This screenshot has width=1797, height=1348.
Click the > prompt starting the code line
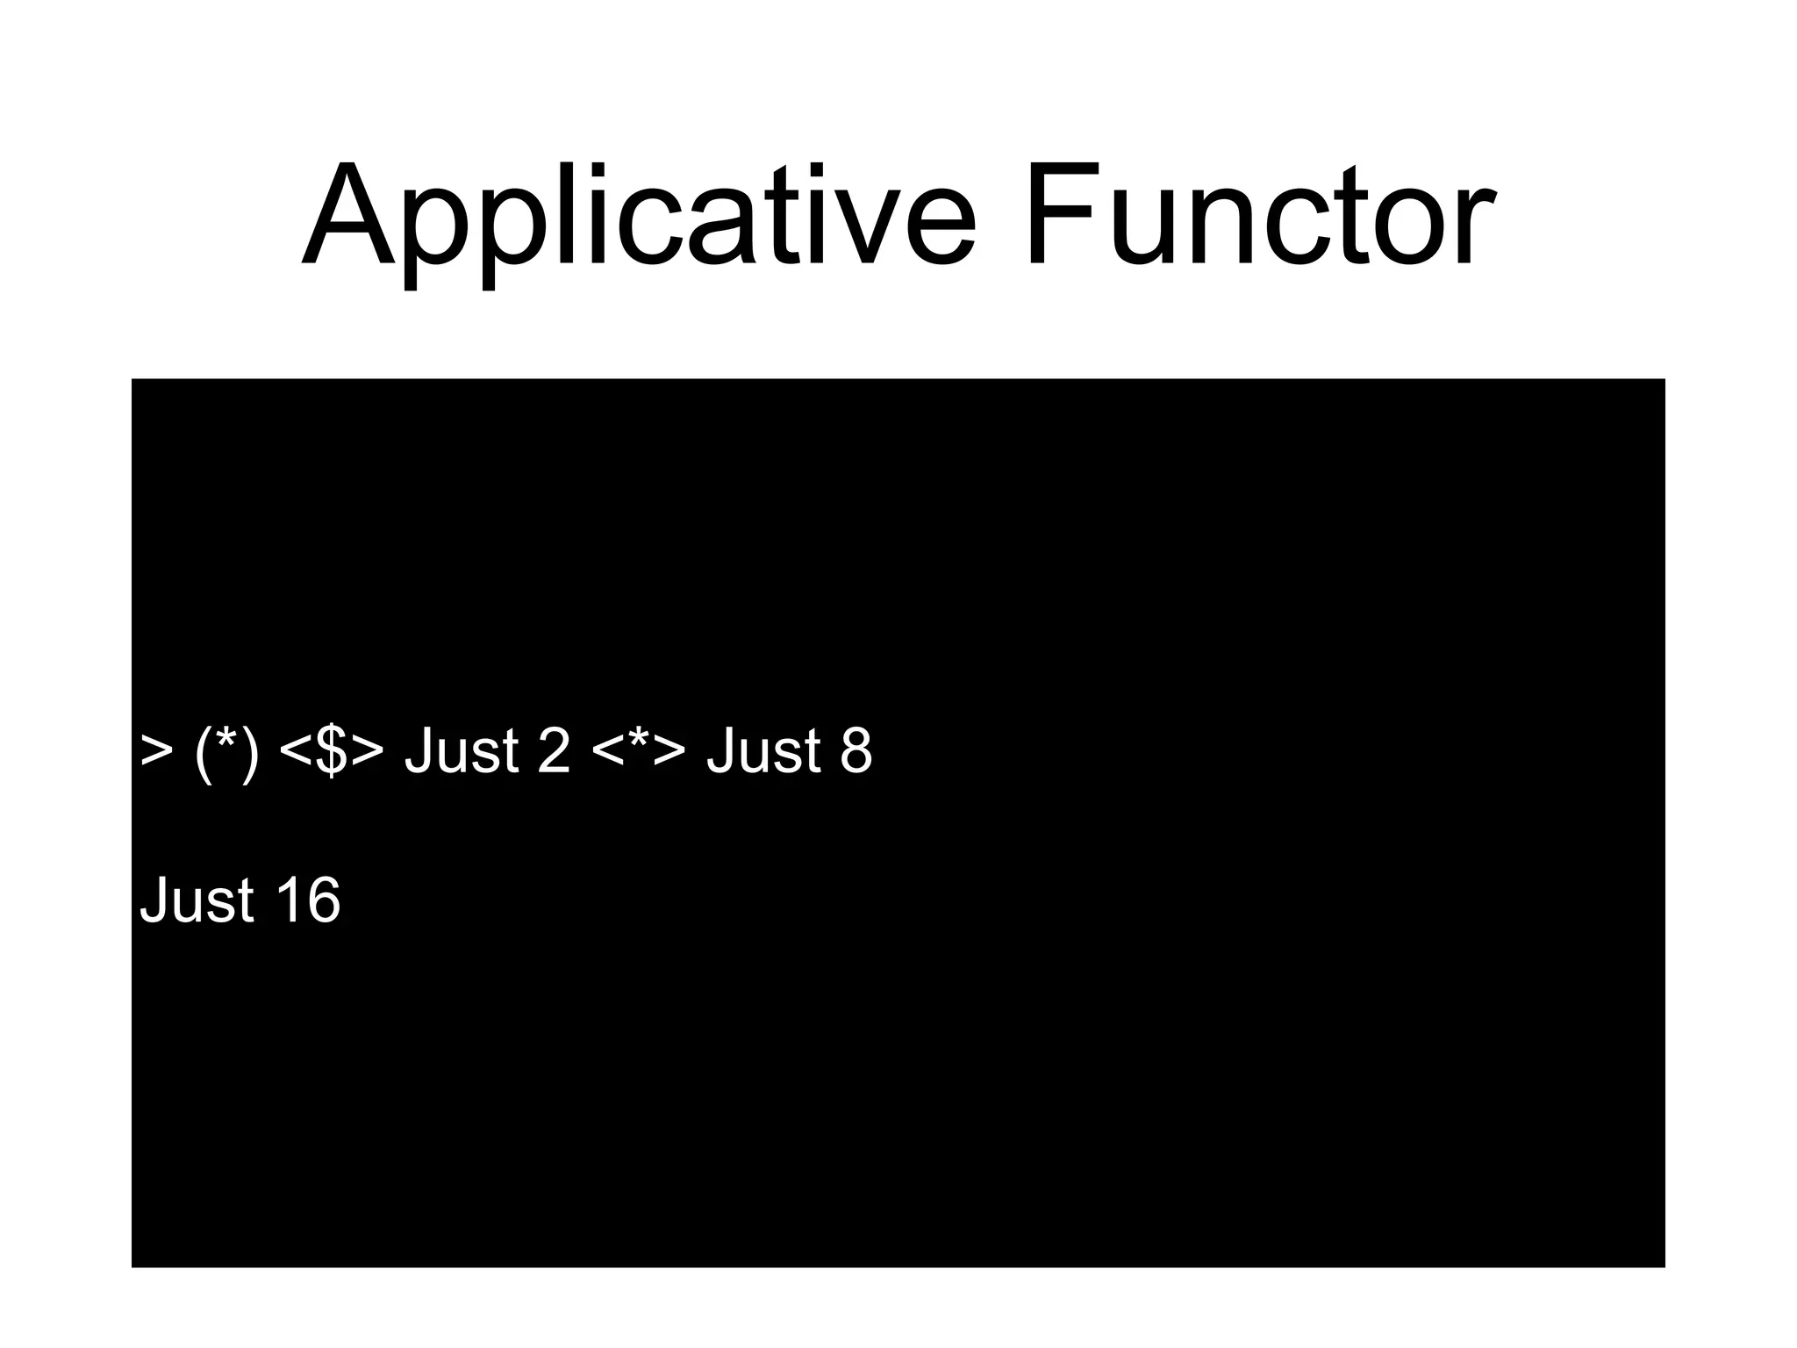pos(156,751)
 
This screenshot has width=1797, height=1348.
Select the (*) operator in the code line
pos(226,751)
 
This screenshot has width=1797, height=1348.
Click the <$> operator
pos(332,751)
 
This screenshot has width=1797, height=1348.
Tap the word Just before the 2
pos(462,751)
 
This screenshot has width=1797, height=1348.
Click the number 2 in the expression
pos(554,751)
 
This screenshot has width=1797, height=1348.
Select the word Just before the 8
pos(764,751)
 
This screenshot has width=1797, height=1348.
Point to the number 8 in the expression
pos(856,751)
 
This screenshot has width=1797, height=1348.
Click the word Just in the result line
pos(197,900)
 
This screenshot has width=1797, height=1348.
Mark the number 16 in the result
pos(307,900)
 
